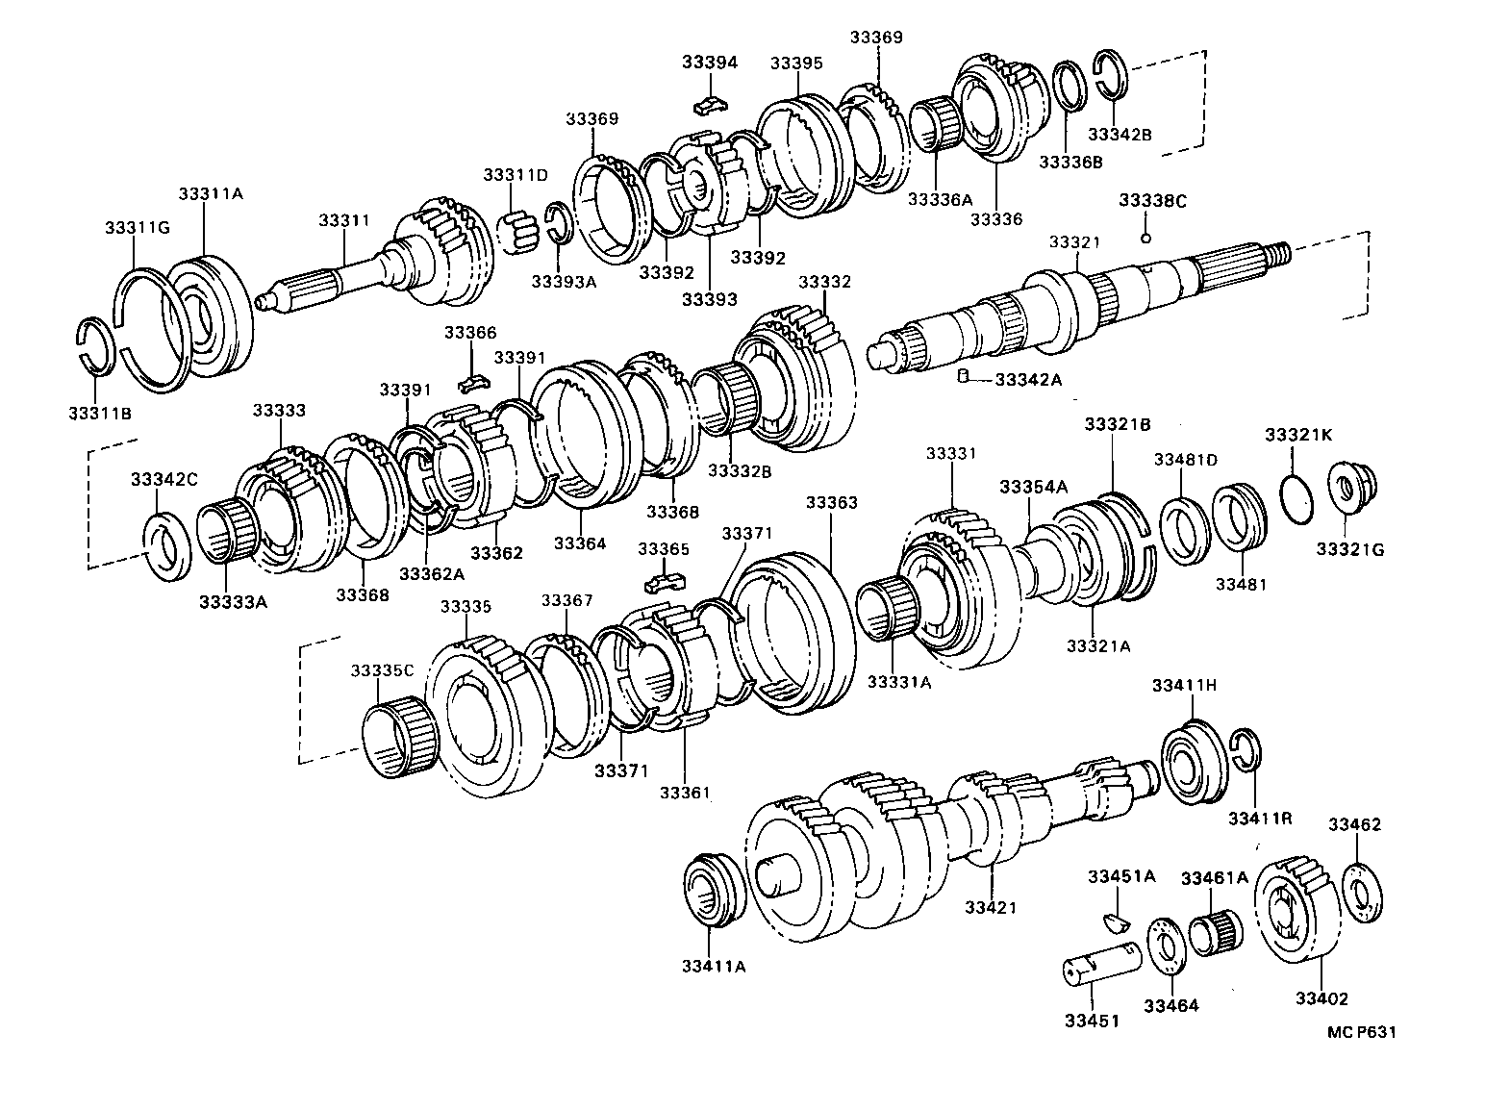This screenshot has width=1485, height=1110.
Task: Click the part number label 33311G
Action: click(137, 228)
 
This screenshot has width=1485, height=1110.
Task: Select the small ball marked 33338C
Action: click(1145, 238)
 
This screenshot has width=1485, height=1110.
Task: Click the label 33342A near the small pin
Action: click(1028, 380)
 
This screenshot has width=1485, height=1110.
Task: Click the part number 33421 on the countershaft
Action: click(990, 907)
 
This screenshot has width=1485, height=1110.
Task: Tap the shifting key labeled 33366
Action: click(469, 383)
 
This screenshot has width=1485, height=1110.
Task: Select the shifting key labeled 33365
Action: click(664, 581)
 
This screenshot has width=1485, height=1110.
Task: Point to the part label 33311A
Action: click(210, 193)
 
